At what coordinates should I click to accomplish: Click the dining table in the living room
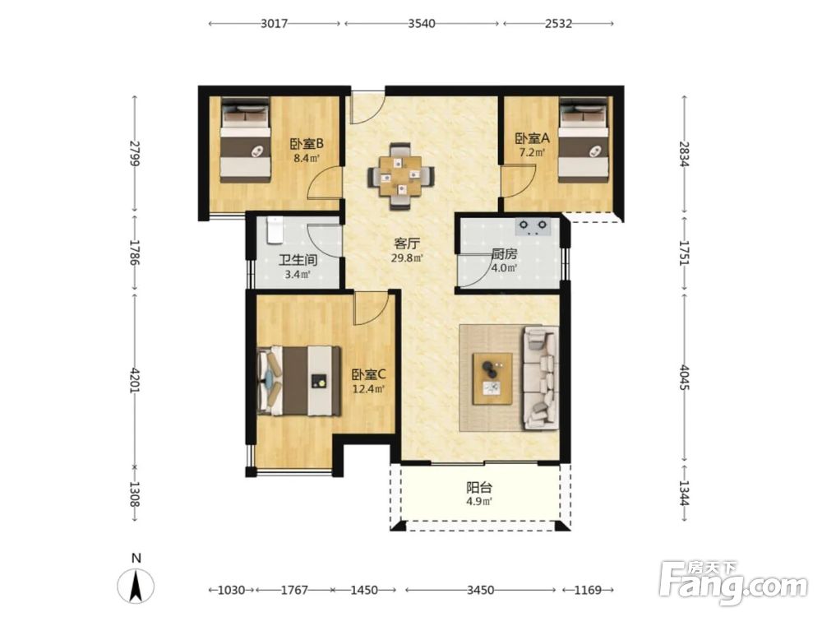[x=401, y=176]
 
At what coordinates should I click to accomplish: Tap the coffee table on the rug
[x=492, y=378]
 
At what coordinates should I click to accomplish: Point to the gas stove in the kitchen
[x=533, y=227]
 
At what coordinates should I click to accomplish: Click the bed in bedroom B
[x=245, y=141]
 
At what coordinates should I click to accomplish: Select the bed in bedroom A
[x=584, y=140]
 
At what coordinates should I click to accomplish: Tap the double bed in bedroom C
[x=299, y=380]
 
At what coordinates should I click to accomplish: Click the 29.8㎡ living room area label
[x=408, y=257]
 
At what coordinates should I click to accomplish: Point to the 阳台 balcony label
[x=479, y=487]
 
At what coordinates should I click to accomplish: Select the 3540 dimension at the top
[x=422, y=24]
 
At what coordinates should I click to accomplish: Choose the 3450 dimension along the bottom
[x=480, y=590]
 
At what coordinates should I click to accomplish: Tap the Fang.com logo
[x=733, y=583]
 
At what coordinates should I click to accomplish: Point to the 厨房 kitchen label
[x=505, y=254]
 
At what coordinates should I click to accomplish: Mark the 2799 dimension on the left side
[x=136, y=153]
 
